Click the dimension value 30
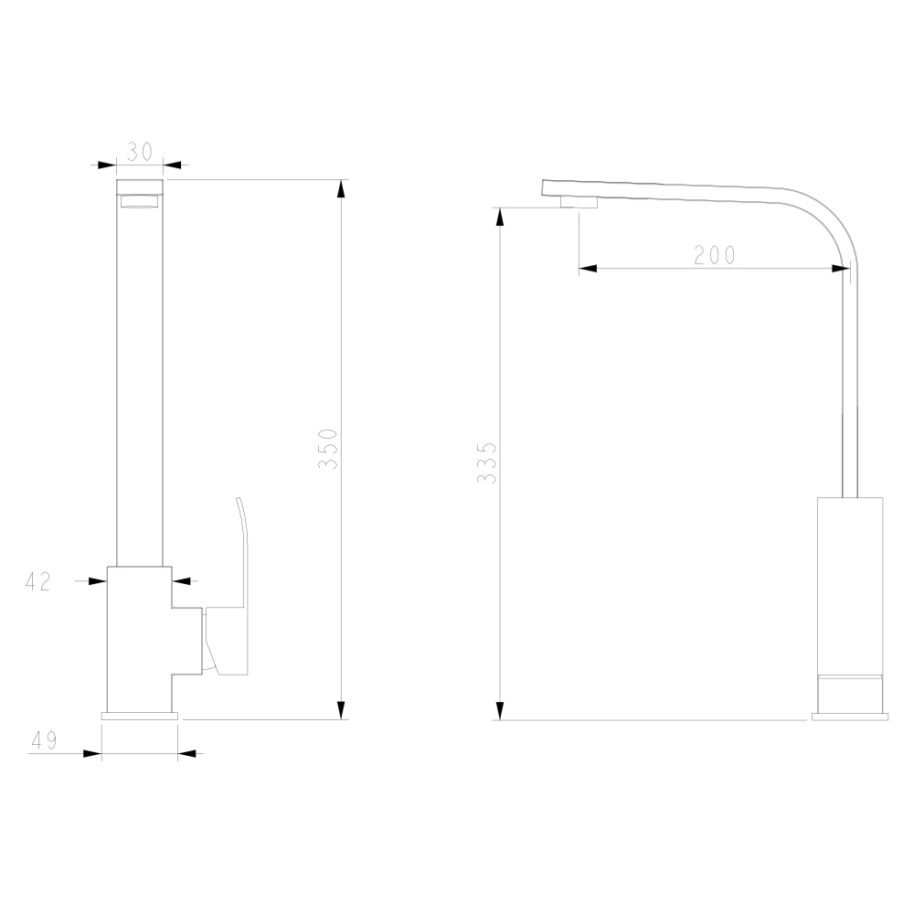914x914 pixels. [139, 152]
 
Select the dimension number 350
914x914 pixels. [328, 449]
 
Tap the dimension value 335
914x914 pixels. [487, 462]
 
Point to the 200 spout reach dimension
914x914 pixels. [715, 255]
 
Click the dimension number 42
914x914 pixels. [38, 581]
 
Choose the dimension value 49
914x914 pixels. [44, 740]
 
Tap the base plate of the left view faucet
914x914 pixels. [139, 716]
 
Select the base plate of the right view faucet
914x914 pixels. [850, 717]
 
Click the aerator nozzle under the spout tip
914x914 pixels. [579, 202]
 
